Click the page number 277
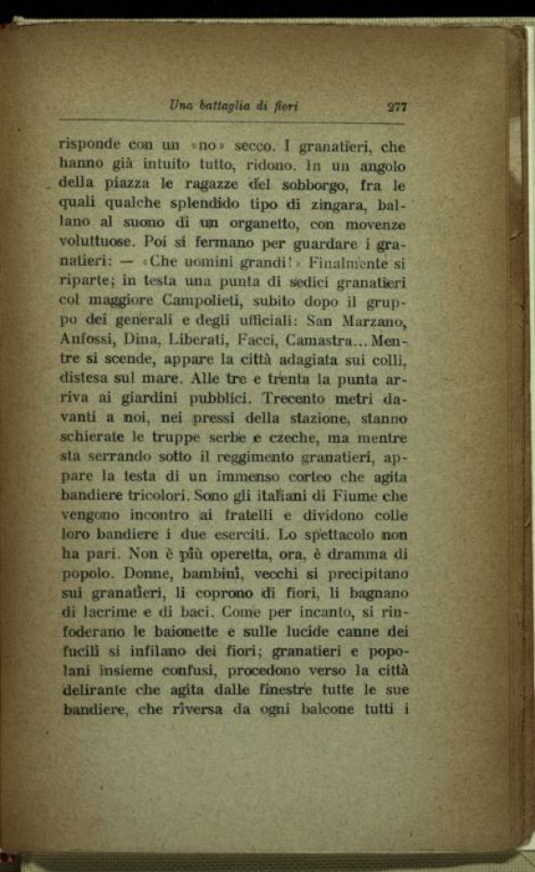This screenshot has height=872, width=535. click(x=397, y=106)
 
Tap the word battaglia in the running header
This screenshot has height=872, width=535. click(x=235, y=106)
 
